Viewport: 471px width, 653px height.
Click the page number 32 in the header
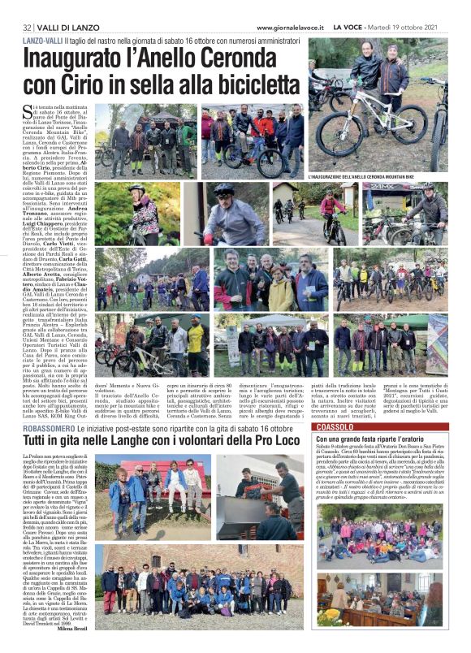27,27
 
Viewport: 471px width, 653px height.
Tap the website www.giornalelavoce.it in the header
291,27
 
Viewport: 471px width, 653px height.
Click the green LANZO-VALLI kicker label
44,40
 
